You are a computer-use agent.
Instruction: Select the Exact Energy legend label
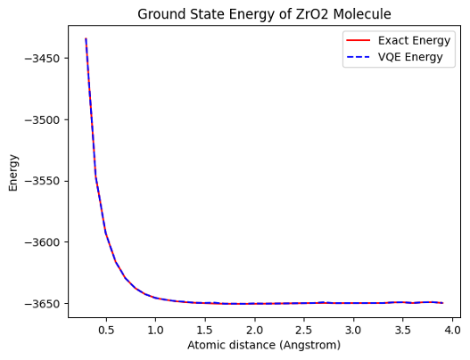[414, 40]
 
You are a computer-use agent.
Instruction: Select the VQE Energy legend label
[410, 57]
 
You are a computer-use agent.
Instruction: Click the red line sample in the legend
[359, 40]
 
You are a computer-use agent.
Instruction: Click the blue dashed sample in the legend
[359, 57]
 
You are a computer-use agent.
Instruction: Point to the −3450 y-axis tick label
[43, 59]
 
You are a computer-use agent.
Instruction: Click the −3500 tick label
[43, 119]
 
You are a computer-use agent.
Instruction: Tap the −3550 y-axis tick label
[43, 181]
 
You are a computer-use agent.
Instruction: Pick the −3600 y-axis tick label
[43, 242]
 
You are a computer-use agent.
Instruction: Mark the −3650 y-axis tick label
[43, 303]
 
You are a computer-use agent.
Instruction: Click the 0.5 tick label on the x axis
[106, 330]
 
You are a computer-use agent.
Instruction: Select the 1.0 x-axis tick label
[155, 330]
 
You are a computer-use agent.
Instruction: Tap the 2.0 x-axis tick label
[254, 330]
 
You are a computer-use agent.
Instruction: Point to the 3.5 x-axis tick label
[402, 330]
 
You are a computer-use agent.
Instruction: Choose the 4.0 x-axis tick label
[452, 330]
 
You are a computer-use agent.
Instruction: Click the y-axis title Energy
[13, 173]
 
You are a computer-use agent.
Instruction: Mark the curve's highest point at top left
[86, 38]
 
